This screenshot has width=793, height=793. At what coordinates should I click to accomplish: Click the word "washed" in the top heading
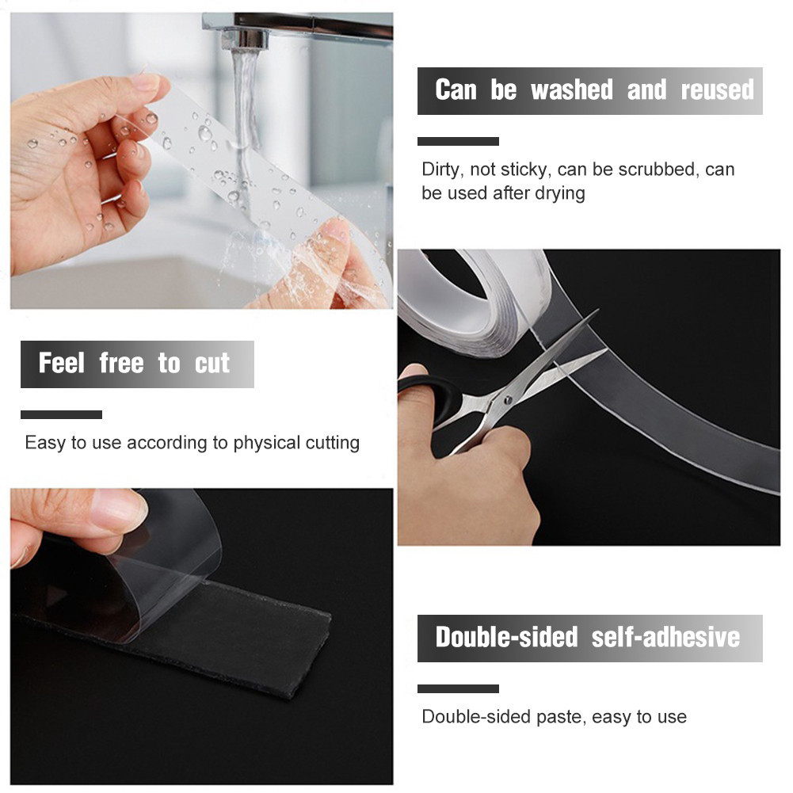(571, 90)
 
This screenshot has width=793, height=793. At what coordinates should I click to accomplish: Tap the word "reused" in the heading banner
(717, 90)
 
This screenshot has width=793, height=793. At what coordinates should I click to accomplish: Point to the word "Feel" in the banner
(61, 363)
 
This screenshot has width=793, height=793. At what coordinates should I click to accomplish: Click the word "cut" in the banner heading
(212, 364)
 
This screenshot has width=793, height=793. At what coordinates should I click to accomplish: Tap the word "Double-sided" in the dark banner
(507, 637)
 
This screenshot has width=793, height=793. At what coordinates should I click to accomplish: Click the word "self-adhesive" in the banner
(665, 637)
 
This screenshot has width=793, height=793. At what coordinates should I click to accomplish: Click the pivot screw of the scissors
(507, 400)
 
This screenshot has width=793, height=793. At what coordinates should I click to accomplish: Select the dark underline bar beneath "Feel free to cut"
(61, 414)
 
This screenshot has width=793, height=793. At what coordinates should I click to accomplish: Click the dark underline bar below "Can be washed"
(458, 142)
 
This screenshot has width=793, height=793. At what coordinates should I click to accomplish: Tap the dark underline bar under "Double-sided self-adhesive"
(458, 688)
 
